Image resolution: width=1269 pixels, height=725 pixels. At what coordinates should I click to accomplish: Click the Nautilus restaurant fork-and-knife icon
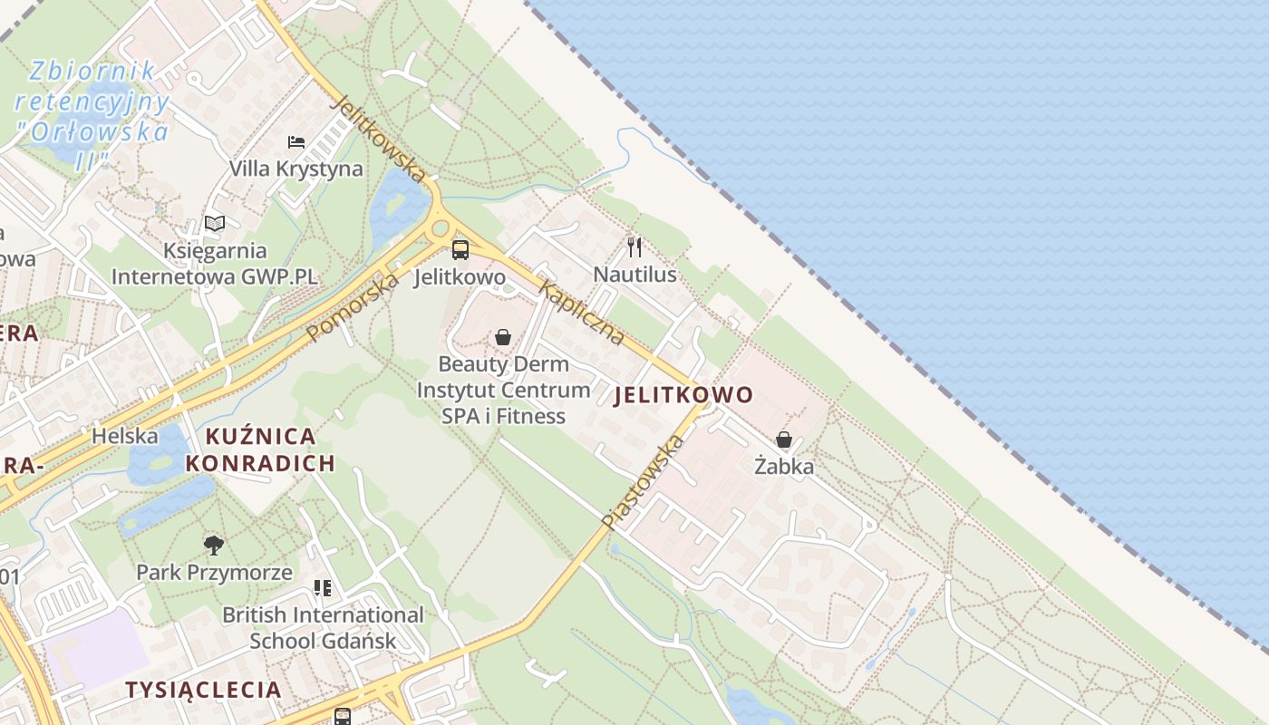(x=634, y=246)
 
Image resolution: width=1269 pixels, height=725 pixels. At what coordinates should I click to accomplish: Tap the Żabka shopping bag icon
(x=784, y=440)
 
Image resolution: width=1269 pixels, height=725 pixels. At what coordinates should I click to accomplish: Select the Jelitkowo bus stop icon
(x=460, y=249)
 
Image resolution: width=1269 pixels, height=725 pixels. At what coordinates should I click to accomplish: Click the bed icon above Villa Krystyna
(x=296, y=141)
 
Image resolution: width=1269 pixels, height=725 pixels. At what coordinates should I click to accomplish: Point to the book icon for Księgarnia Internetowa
(x=215, y=223)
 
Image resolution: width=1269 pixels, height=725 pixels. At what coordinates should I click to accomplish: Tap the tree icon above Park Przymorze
(x=214, y=545)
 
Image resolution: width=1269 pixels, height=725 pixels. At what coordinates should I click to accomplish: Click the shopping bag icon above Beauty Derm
(x=503, y=337)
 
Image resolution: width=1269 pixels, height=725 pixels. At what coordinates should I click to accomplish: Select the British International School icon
(x=323, y=588)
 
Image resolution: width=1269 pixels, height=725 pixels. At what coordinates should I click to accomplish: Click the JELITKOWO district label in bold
(x=684, y=395)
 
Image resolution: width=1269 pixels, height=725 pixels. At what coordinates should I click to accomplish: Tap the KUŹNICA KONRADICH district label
(x=260, y=449)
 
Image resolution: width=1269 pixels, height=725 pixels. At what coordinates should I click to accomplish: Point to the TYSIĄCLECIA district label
(x=203, y=690)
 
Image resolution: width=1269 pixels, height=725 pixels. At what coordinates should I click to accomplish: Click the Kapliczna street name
(x=582, y=314)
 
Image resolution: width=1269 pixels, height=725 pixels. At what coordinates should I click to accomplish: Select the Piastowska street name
(x=642, y=482)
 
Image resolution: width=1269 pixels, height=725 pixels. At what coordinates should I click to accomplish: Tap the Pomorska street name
(x=353, y=308)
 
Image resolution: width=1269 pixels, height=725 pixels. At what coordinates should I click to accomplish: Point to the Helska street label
(x=125, y=436)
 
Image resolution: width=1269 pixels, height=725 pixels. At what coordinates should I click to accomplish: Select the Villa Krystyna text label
(x=295, y=169)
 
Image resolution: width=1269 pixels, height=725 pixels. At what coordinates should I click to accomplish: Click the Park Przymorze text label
(x=214, y=573)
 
